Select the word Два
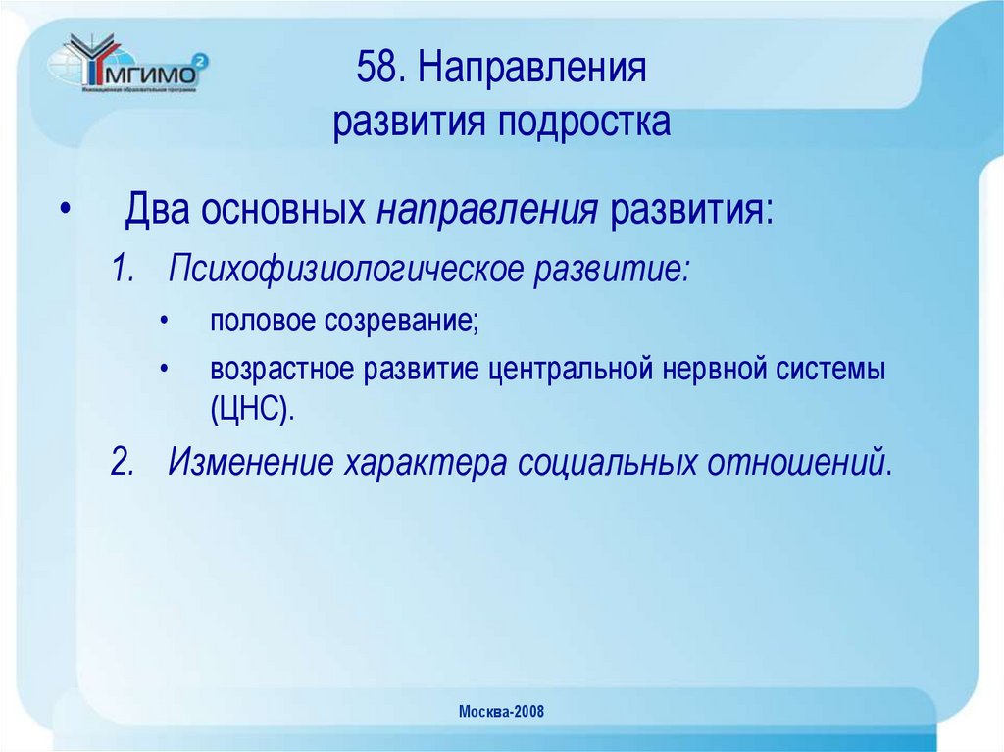pyautogui.click(x=159, y=211)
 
